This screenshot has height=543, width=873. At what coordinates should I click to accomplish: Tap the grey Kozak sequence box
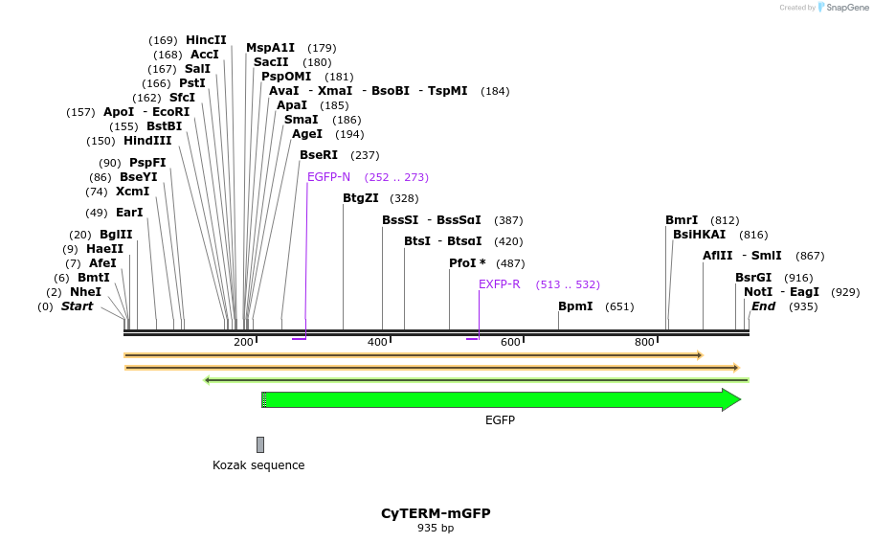click(260, 444)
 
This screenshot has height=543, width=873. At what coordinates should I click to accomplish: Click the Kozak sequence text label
click(258, 465)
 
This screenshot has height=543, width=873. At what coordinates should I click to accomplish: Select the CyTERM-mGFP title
click(436, 513)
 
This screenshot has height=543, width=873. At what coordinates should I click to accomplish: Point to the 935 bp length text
click(436, 528)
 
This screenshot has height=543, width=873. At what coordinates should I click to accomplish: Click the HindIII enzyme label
click(147, 141)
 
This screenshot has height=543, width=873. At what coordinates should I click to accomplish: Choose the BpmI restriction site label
click(575, 306)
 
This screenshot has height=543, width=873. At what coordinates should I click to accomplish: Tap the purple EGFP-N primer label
click(328, 177)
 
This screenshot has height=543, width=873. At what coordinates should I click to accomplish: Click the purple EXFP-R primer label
click(499, 284)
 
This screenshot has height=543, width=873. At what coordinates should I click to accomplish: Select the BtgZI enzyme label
click(361, 198)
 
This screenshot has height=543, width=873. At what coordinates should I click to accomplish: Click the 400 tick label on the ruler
click(377, 342)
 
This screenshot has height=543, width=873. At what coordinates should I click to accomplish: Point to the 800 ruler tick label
click(644, 342)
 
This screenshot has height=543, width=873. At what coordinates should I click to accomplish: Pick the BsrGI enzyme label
click(752, 278)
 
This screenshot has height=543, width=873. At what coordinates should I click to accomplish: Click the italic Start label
click(78, 306)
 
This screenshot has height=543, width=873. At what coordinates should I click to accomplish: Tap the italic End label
click(763, 306)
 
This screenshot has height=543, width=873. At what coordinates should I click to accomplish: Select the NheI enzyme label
click(85, 292)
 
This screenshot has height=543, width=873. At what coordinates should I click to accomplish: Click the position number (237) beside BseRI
click(365, 155)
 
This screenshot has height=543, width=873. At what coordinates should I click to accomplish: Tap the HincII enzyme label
click(206, 40)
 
